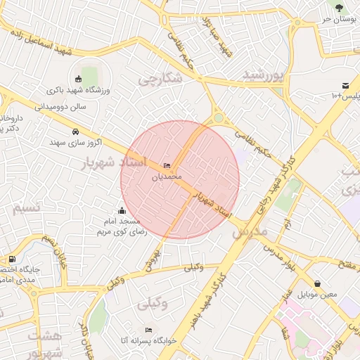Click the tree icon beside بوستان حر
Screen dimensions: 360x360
pyautogui.click(x=339, y=8)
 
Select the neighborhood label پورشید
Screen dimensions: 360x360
pyautogui.click(x=263, y=75)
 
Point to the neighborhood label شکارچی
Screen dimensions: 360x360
pyautogui.click(x=160, y=79)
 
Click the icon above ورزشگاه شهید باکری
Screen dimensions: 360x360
pyautogui.click(x=79, y=79)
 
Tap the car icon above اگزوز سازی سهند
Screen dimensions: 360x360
pyautogui.click(x=75, y=131)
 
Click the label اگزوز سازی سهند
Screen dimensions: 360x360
pyautogui.click(x=76, y=142)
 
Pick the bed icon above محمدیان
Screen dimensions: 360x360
pyautogui.click(x=167, y=165)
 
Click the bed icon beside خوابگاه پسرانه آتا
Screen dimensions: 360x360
pyautogui.click(x=148, y=330)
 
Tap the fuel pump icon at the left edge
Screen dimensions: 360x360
pyautogui.click(x=12, y=259)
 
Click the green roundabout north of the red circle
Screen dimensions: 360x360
pyautogui.click(x=219, y=118)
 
